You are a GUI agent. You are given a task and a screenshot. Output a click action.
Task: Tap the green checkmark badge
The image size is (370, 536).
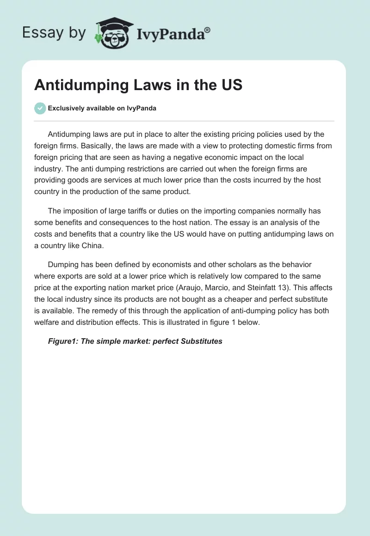click(x=40, y=108)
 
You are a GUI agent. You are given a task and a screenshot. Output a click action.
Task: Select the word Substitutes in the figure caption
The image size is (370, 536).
click(x=202, y=341)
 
